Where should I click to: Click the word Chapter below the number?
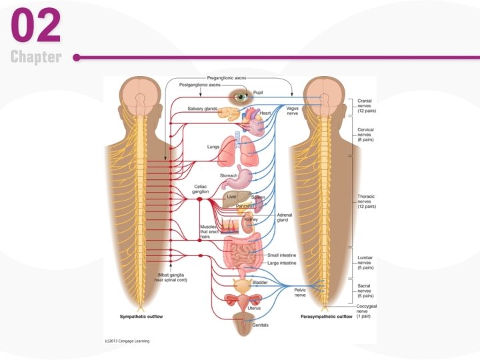36,57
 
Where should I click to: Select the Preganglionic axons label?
227,78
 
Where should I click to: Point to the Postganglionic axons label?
201,85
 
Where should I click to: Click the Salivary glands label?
202,109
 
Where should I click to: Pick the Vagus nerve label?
292,111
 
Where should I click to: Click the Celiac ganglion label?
201,189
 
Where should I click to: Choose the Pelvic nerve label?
301,292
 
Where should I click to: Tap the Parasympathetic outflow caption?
326,316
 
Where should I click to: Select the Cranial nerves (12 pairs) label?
366,105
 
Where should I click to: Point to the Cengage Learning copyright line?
127,341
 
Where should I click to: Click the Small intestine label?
282,255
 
